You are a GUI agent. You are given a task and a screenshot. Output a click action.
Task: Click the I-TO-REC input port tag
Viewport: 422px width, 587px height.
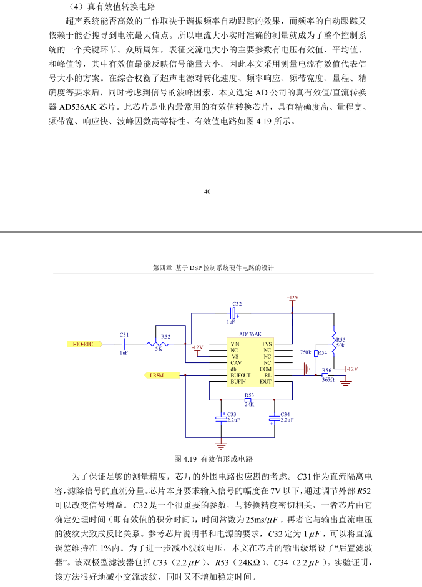coord(84,344)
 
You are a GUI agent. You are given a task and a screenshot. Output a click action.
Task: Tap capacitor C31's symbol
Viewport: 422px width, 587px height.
coord(124,344)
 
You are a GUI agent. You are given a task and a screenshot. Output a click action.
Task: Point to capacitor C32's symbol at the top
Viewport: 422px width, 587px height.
coord(233,313)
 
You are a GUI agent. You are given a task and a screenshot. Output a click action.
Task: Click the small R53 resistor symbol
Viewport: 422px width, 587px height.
coord(248,400)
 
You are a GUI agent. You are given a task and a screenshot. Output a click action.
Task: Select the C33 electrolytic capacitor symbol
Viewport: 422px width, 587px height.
coord(221,419)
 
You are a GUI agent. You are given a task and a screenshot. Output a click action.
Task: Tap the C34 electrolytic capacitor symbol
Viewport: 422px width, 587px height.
coord(275,419)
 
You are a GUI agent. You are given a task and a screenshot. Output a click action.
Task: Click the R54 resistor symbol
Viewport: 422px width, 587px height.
coord(316,352)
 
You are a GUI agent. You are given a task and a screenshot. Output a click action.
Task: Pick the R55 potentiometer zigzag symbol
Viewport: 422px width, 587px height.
coord(333,339)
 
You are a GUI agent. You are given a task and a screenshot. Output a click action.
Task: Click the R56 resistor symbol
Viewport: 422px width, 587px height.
coord(325,375)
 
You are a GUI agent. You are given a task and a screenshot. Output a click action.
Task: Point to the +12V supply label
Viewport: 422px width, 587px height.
coord(292,298)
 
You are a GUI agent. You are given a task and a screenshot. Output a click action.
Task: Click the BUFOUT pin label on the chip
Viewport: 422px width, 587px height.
coord(240,375)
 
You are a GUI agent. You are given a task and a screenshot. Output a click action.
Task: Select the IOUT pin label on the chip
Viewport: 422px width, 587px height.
coord(265,382)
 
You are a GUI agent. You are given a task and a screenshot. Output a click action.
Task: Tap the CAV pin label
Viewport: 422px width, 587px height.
coord(236,363)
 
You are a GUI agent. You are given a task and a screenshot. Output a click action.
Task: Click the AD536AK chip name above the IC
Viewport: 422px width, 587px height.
coord(250,334)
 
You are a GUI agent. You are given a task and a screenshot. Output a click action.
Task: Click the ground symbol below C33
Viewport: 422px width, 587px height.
coord(221,446)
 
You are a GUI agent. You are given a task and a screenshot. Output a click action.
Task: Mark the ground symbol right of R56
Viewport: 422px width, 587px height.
coord(346,384)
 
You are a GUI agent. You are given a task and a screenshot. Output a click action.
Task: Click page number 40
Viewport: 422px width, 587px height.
coord(207,192)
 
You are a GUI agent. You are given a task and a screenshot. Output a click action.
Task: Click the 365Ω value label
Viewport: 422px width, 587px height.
coord(328,380)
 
